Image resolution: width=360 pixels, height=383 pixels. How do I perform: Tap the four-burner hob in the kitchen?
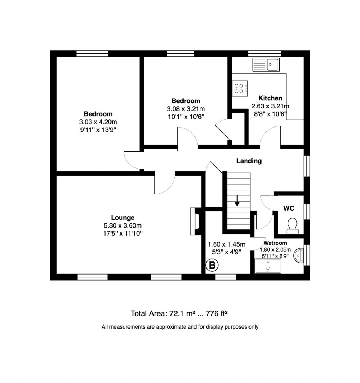pyautogui.click(x=240, y=88)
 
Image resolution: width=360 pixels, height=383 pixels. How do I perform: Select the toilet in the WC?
pyautogui.click(x=292, y=226)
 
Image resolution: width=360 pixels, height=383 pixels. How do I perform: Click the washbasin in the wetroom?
pyautogui.click(x=300, y=255)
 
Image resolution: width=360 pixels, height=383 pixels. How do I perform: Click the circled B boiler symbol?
pyautogui.click(x=212, y=265)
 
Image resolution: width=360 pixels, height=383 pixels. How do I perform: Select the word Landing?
pyautogui.click(x=249, y=161)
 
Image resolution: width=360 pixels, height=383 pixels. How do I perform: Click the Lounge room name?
pyautogui.click(x=122, y=218)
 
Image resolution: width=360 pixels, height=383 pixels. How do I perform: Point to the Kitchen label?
pyautogui.click(x=270, y=98)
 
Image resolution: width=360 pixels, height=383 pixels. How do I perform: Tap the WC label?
pyautogui.click(x=289, y=208)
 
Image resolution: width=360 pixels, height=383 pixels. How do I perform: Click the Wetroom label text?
pyautogui.click(x=275, y=243)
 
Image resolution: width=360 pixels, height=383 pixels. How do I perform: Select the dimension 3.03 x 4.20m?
pyautogui.click(x=98, y=122)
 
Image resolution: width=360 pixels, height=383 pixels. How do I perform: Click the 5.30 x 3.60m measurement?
pyautogui.click(x=122, y=225)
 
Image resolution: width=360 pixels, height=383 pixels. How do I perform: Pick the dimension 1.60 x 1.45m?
pyautogui.click(x=227, y=244)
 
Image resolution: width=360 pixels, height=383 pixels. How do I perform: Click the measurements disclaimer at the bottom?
pyautogui.click(x=180, y=327)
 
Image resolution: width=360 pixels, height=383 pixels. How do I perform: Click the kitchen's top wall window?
pyautogui.click(x=265, y=53)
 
